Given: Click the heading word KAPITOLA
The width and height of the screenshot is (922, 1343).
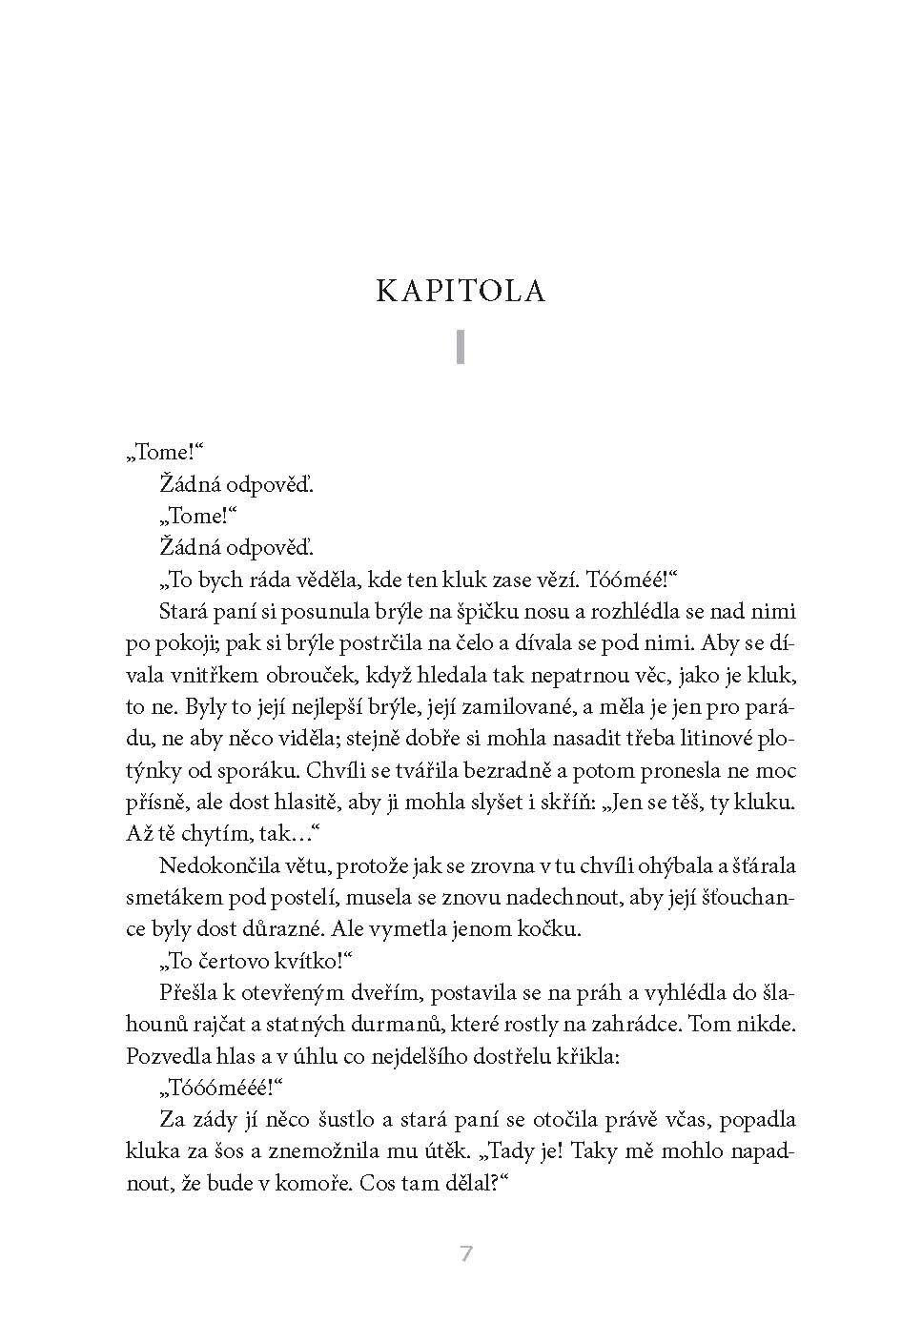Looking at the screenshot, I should coord(461,291).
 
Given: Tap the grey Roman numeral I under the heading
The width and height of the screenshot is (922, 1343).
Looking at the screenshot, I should coord(461,348).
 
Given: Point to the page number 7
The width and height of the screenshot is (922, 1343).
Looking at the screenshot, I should coord(466,1253).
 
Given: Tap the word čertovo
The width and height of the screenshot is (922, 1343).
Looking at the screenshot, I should coord(242,961).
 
